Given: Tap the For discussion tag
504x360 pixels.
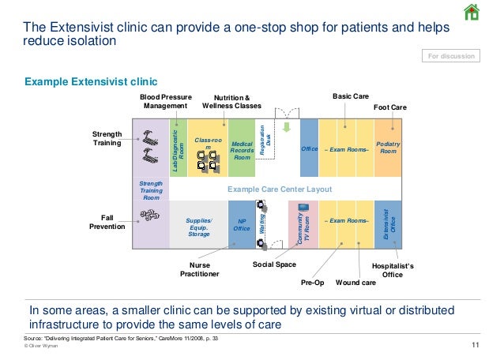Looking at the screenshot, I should point(451,56).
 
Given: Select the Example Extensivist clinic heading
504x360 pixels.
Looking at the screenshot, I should point(92,81).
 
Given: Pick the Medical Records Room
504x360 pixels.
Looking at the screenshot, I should point(242,148).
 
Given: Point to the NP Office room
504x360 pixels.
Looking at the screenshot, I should point(242,224).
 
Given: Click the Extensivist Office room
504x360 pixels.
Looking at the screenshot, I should point(388,224).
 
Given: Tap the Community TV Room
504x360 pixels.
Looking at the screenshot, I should point(303,224).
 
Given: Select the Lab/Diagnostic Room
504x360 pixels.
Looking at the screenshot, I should point(178,148).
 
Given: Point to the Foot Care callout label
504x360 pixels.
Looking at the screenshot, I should point(389,106).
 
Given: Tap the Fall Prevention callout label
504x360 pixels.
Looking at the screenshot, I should point(107,222).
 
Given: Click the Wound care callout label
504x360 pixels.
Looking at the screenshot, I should point(355,282).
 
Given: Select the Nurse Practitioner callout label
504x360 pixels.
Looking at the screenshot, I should point(199,270).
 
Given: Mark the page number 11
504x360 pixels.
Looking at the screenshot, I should point(475,345).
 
